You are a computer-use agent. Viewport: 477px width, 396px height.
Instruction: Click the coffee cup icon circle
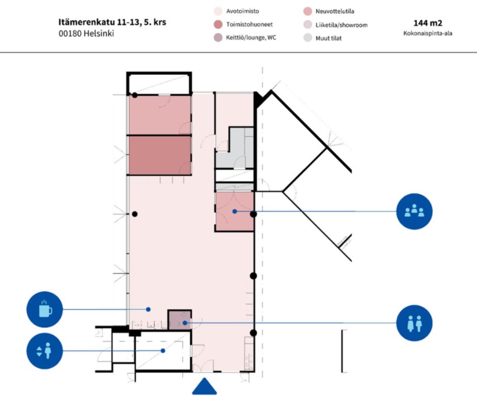44,309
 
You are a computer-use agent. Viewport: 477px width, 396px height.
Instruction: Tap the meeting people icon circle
414,211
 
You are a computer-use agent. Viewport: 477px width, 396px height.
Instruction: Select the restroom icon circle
414,323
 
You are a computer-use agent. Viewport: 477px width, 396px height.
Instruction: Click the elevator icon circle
44,351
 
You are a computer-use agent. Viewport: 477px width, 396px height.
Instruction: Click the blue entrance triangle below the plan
205,386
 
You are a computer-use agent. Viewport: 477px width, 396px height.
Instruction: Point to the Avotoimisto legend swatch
218,11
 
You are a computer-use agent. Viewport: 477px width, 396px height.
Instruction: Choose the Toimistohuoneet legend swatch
218,24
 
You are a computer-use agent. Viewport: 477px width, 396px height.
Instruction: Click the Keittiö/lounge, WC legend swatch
218,38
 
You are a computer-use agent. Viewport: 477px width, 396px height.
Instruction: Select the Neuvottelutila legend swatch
308,11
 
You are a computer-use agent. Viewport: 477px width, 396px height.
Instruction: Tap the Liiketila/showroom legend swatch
308,24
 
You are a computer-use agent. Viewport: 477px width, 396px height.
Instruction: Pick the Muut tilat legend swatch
308,38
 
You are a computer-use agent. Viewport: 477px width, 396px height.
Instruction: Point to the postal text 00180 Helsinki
86,34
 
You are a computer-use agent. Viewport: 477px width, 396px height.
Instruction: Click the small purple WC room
179,320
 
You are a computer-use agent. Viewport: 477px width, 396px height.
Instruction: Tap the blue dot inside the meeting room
235,211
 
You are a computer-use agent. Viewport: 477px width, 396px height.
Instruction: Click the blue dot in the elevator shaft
163,351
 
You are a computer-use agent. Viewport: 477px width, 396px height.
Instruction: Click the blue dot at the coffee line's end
148,309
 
